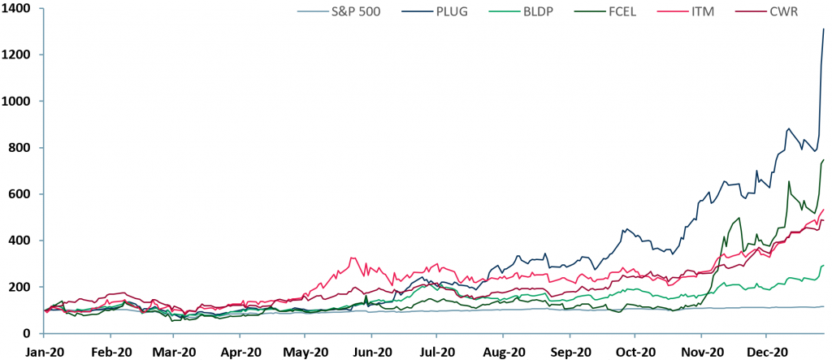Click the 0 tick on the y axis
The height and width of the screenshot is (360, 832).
[x=28, y=334]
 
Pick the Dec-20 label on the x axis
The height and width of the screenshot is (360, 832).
[x=766, y=352]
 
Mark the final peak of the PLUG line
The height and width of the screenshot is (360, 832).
[x=824, y=29]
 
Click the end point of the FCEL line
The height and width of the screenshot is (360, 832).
[x=824, y=159]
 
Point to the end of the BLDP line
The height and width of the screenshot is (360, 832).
[x=824, y=265]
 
